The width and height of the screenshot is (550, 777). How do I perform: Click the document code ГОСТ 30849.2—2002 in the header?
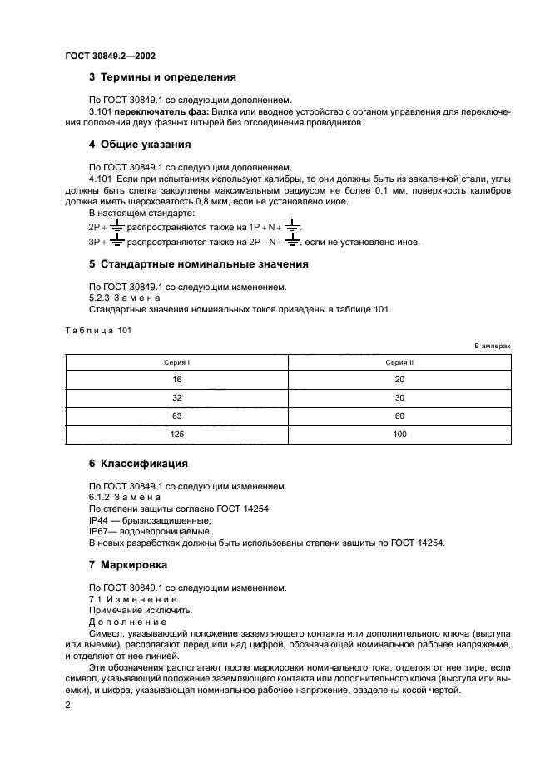pyautogui.click(x=110, y=56)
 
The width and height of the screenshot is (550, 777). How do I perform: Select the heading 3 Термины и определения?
pyautogui.click(x=162, y=77)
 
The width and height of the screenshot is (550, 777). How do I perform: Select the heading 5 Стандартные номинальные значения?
pyautogui.click(x=198, y=264)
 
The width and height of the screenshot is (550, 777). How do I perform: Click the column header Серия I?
pyautogui.click(x=176, y=362)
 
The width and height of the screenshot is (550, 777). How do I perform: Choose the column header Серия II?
pyautogui.click(x=399, y=362)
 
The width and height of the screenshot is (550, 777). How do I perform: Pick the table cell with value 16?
pyautogui.click(x=176, y=379)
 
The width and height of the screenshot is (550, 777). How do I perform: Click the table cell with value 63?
pyautogui.click(x=176, y=416)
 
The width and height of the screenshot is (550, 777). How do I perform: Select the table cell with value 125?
pyautogui.click(x=176, y=434)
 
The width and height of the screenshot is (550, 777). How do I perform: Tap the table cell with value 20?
pyautogui.click(x=399, y=379)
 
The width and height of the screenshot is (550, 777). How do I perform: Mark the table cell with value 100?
pyautogui.click(x=399, y=434)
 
